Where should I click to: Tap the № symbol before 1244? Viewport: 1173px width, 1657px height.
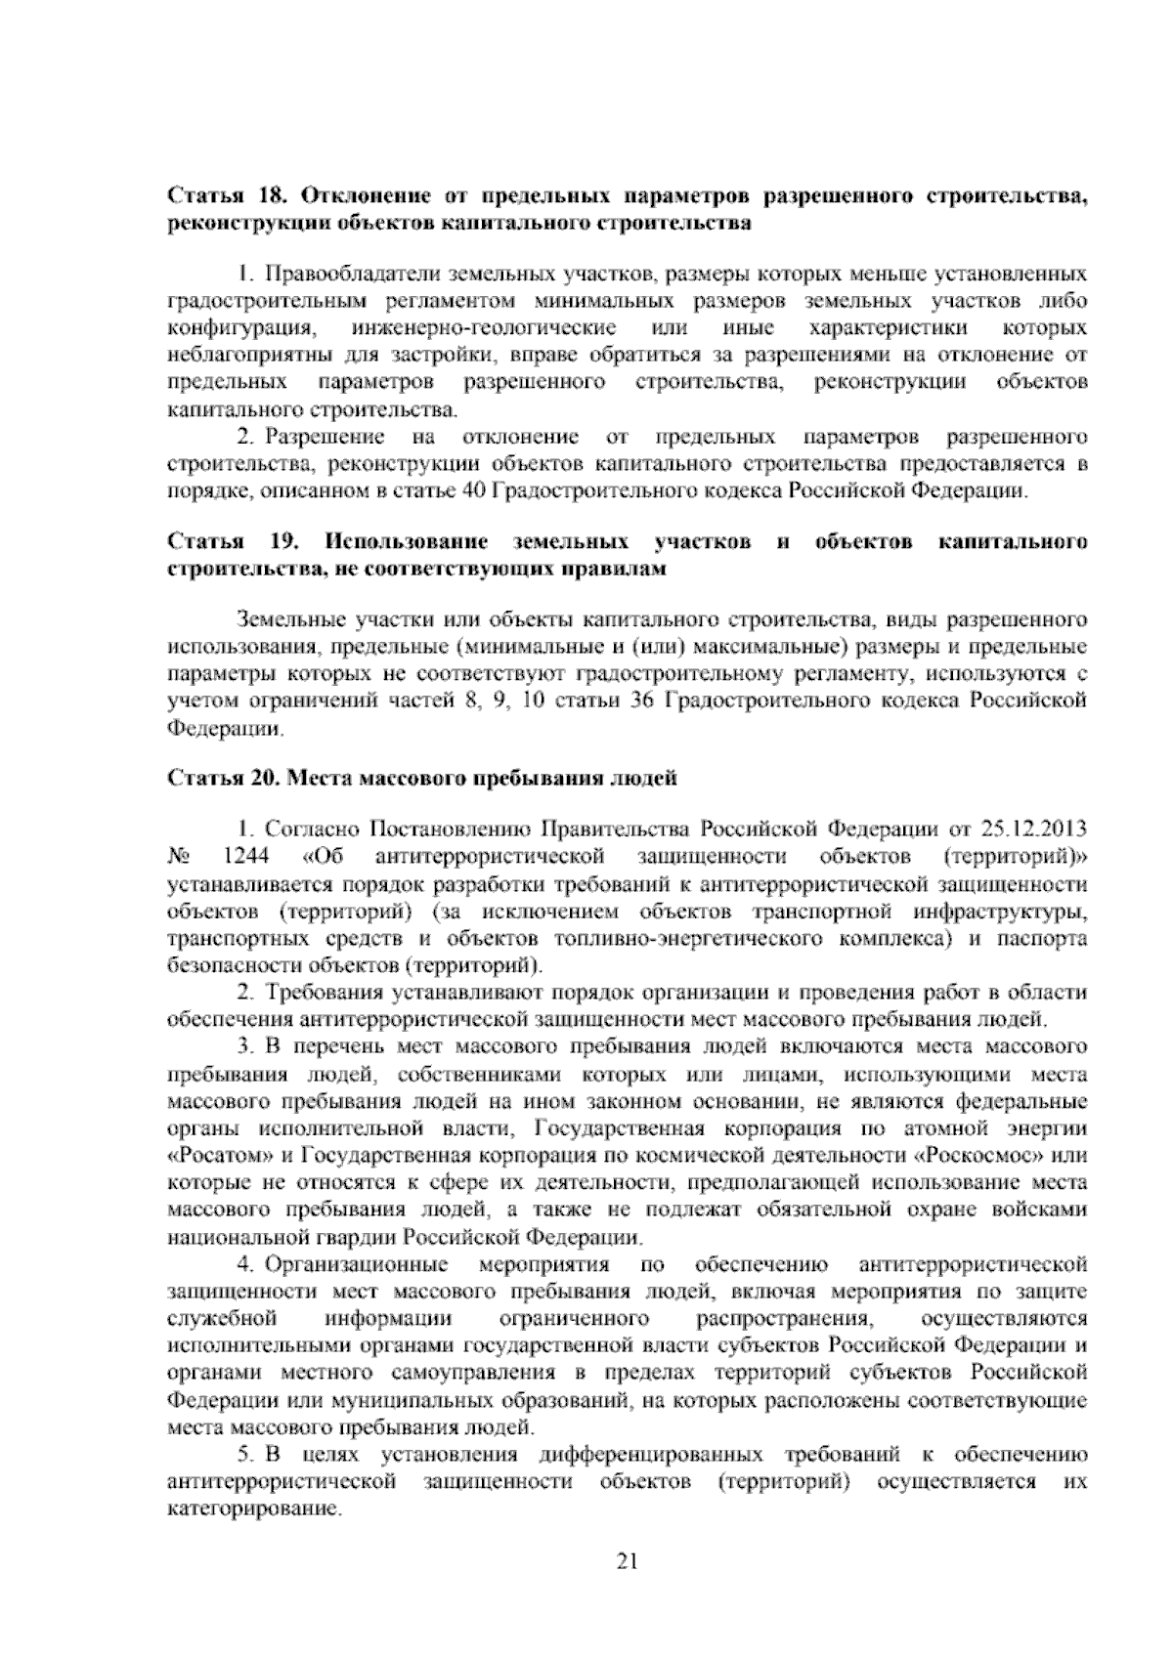[178, 858]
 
